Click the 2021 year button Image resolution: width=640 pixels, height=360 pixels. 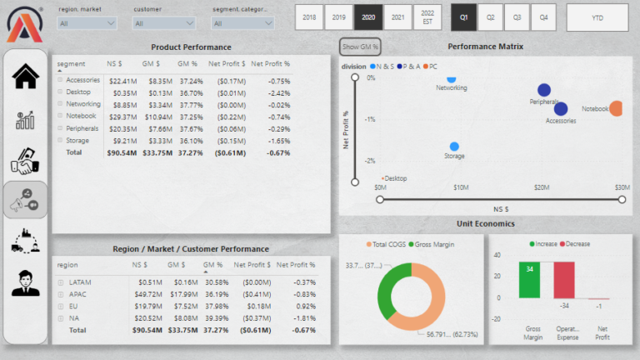pyautogui.click(x=398, y=17)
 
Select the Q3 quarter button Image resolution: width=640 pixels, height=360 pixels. pyautogui.click(x=517, y=17)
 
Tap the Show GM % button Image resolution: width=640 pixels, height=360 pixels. pyautogui.click(x=360, y=47)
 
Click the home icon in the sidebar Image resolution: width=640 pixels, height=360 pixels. pyautogui.click(x=26, y=77)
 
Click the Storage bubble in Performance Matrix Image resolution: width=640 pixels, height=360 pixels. pyautogui.click(x=454, y=147)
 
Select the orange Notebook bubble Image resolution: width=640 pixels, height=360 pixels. pyautogui.click(x=617, y=108)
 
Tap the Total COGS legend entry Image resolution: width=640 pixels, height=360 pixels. pyautogui.click(x=387, y=244)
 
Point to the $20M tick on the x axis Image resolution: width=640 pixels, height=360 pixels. pyautogui.click(x=542, y=187)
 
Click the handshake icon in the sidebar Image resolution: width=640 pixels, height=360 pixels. pyautogui.click(x=26, y=161)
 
